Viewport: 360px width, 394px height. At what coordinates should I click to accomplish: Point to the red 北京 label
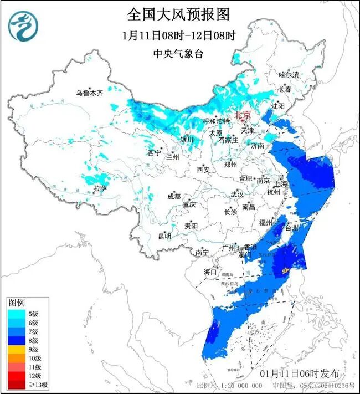243,115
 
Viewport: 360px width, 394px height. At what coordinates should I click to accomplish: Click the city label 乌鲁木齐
90,93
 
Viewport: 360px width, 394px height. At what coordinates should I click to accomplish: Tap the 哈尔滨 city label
289,74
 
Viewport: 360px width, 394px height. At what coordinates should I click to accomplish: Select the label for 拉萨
100,188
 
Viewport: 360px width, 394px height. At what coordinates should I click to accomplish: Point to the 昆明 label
164,236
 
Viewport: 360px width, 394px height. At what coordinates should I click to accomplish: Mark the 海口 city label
209,272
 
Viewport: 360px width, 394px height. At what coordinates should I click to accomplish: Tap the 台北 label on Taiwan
291,228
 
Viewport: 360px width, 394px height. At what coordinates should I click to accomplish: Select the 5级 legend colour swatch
16,313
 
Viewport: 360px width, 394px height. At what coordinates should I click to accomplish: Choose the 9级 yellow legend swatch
16,349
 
